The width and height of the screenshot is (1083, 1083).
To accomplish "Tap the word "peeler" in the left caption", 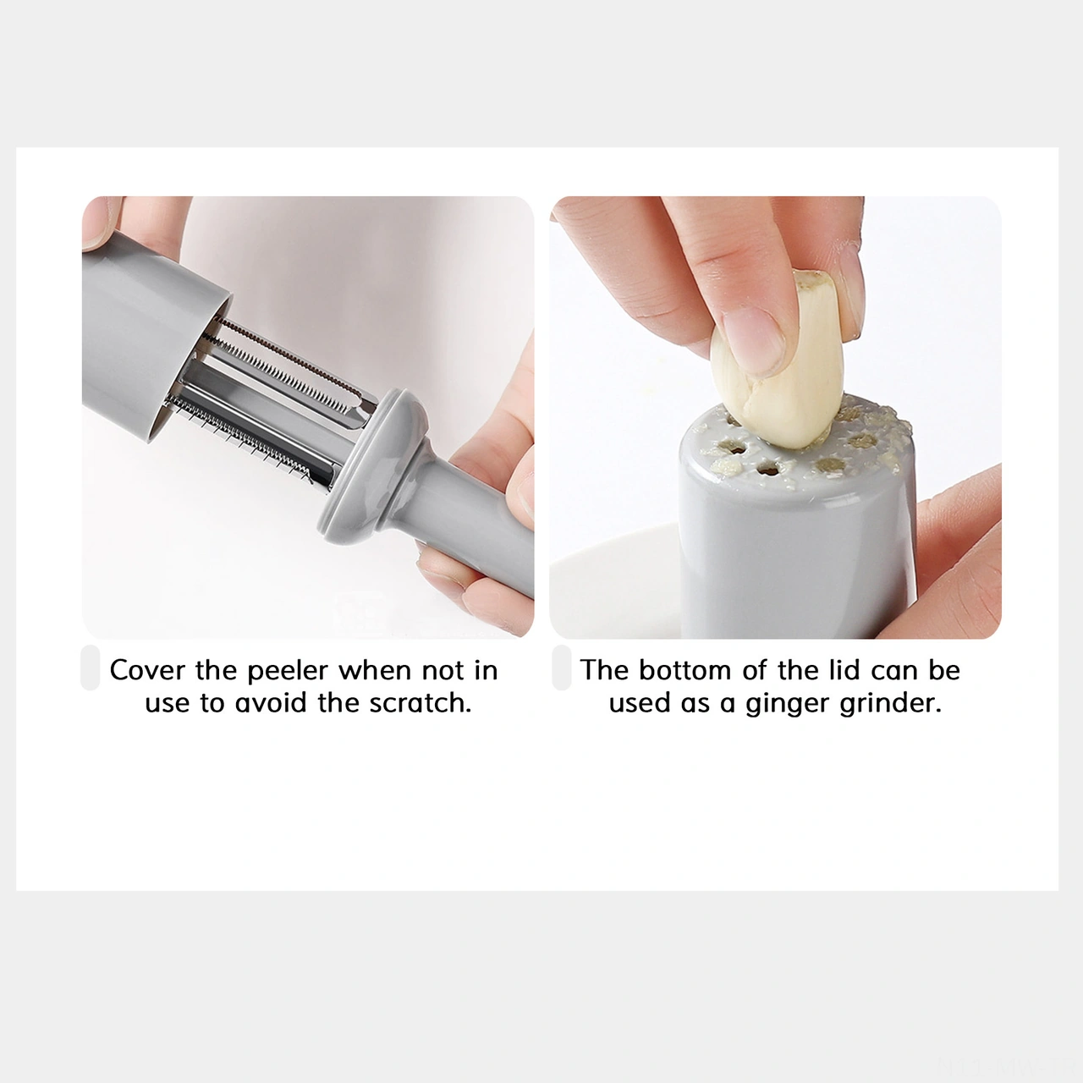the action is [287, 671].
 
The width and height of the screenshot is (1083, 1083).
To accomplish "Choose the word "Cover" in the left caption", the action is [146, 670].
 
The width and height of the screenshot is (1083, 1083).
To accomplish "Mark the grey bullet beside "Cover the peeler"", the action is [91, 668].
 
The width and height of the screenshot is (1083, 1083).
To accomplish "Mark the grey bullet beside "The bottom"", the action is [562, 668].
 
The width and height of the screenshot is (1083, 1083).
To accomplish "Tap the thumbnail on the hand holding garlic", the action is [754, 340].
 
